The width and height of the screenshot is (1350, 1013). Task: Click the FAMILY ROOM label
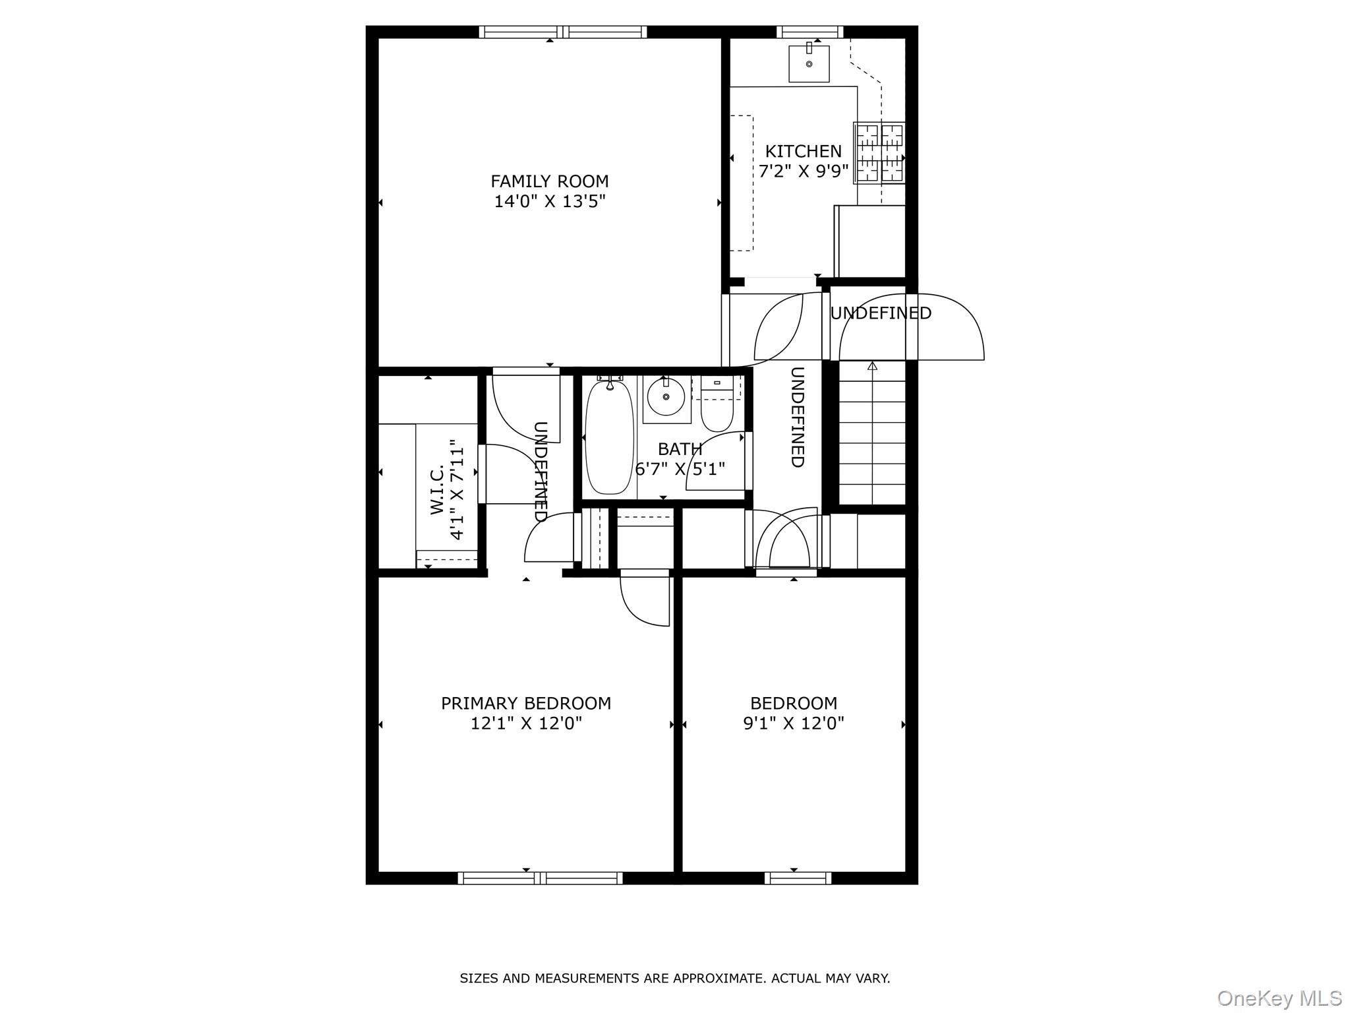point(549,181)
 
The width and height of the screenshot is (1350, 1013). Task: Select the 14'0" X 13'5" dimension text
point(549,201)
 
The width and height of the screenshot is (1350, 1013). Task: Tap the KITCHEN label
point(803,151)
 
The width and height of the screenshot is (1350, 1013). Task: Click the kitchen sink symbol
point(809,63)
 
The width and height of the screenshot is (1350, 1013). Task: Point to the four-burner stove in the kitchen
point(879,152)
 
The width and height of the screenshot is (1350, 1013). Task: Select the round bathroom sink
point(666,396)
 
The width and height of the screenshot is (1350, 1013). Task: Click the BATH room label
point(680,449)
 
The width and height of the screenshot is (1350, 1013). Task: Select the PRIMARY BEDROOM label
point(525,704)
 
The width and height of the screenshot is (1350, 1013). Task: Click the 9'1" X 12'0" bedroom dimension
point(793,723)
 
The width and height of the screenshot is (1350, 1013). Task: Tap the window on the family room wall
point(562,32)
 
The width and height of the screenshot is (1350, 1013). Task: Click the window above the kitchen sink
point(809,32)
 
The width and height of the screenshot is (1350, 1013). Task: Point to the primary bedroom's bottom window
point(540,878)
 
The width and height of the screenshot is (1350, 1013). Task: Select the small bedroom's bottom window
point(798,878)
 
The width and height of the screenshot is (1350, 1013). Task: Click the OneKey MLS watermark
point(1279,998)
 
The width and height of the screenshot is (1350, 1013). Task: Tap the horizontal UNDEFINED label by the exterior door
point(880,313)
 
